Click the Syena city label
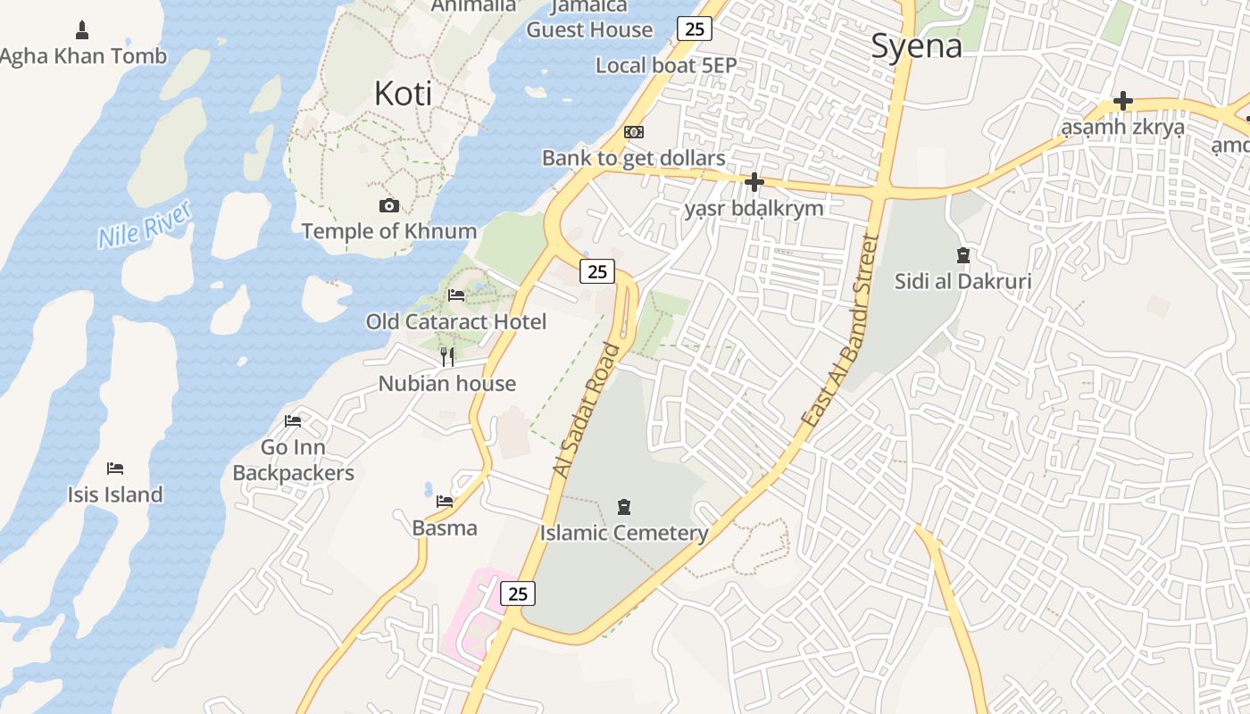pos(916,46)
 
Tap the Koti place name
pos(403,93)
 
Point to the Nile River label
pos(145,224)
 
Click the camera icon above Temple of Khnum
pos(388,206)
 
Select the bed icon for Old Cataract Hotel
pos(456,295)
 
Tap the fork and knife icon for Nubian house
pos(447,357)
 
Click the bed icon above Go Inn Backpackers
pos(293,421)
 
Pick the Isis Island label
pos(115,494)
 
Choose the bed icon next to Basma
pos(445,502)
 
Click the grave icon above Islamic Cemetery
pos(624,508)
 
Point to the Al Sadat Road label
pos(587,410)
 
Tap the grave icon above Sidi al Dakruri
pos(962,256)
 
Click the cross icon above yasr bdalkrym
pos(754,183)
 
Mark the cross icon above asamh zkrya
pos(1122,101)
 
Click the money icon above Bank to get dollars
pos(634,132)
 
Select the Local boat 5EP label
pos(666,65)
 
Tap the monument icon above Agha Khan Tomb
pos(83,30)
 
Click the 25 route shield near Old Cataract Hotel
pos(597,271)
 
